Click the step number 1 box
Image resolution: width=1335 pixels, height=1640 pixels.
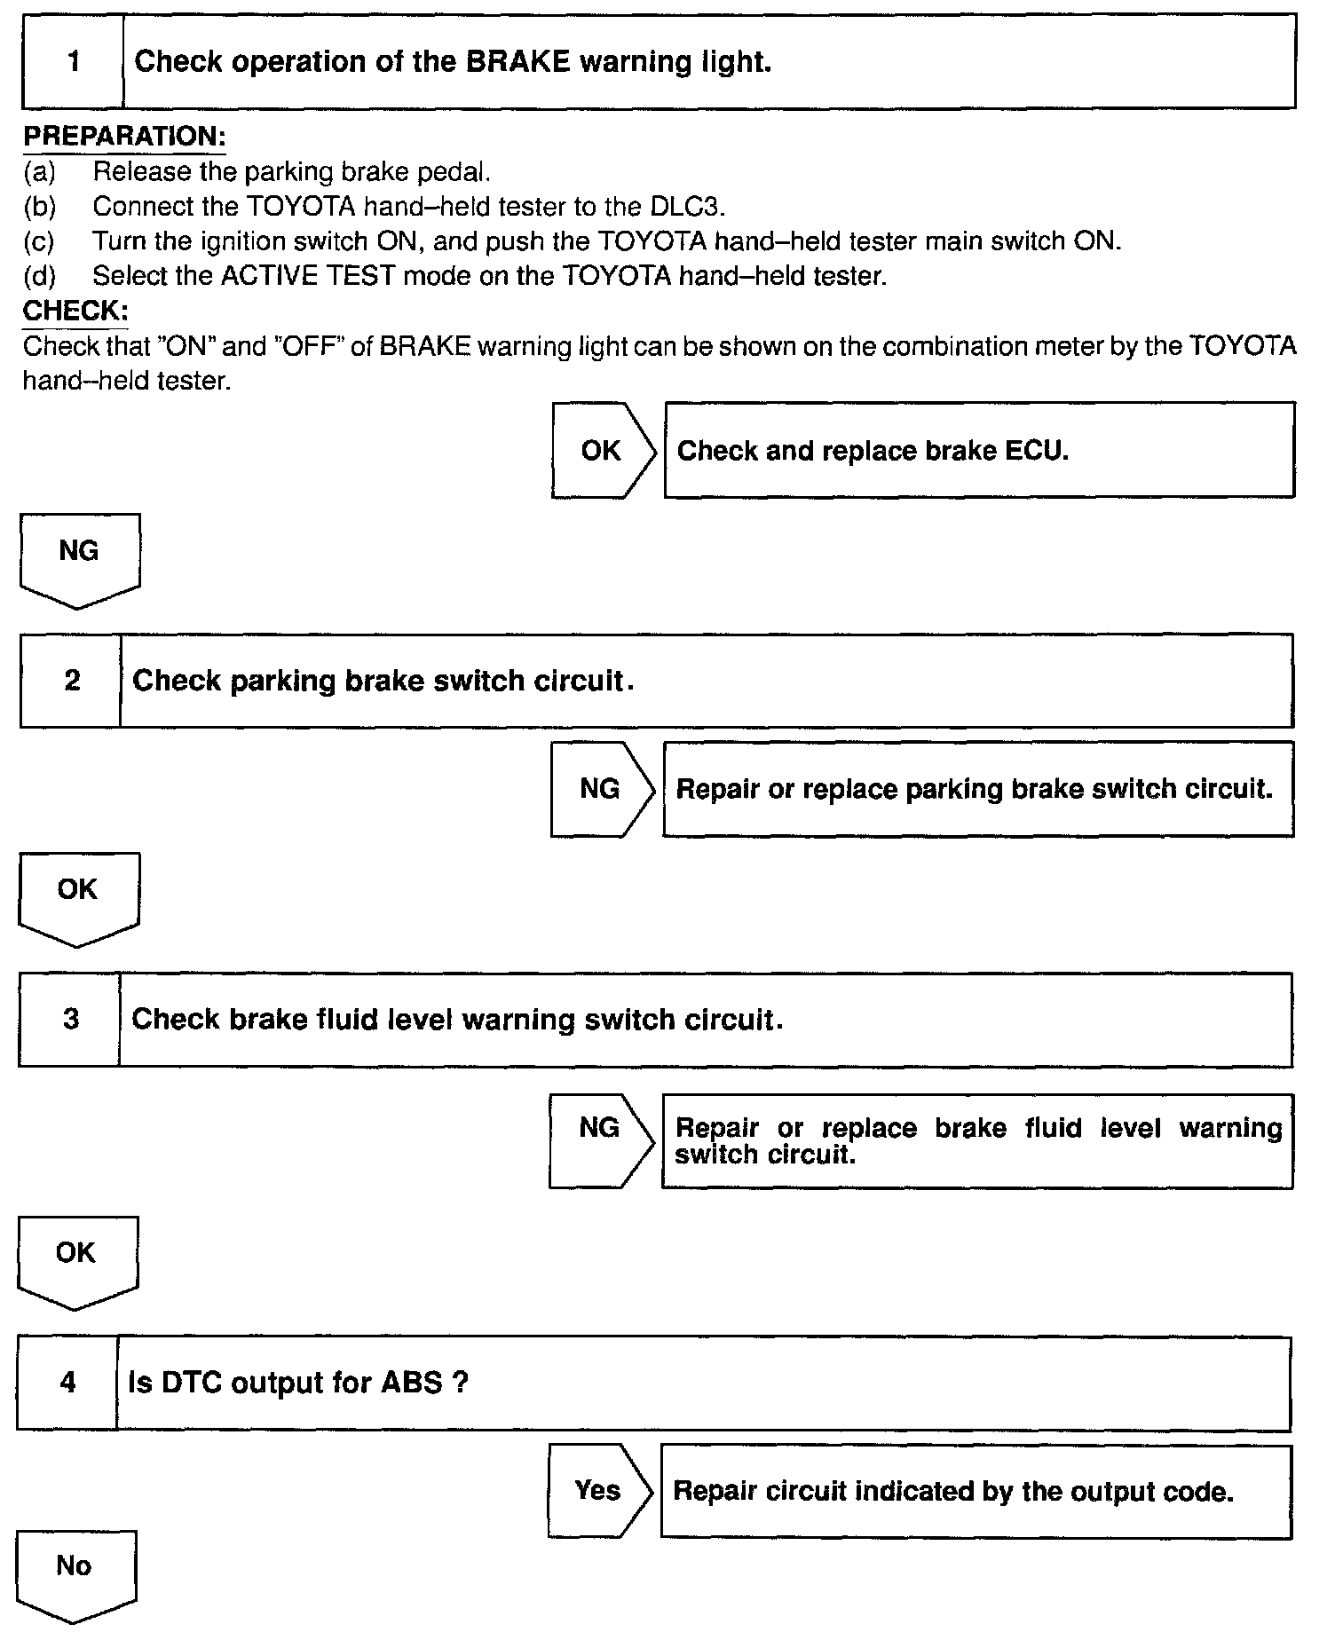[73, 61]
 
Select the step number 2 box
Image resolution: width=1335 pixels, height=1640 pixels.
[71, 681]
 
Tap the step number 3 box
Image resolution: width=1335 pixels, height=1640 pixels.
[70, 1019]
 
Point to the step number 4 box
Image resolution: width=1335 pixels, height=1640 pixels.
[67, 1383]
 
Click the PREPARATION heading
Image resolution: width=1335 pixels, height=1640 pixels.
[124, 137]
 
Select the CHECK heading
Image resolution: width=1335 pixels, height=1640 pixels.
[75, 311]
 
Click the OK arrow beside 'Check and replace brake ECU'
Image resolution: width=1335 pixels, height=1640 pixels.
[602, 450]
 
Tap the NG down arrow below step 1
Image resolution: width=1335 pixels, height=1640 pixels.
[78, 557]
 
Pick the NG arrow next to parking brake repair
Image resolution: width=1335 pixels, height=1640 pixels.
[600, 789]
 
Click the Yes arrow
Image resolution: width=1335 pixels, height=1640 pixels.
[597, 1490]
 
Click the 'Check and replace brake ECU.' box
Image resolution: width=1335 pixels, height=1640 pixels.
[978, 450]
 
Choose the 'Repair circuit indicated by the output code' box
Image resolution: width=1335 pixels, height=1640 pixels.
[975, 1491]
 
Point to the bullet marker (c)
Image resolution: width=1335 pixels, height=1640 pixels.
[39, 241]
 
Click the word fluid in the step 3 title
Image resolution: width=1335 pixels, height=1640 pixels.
[349, 1019]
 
